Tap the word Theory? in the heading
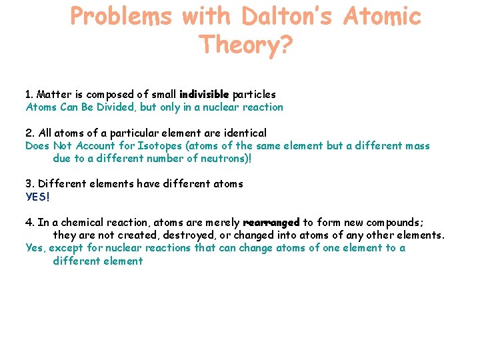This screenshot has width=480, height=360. (x=245, y=45)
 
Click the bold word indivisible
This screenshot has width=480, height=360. (x=203, y=95)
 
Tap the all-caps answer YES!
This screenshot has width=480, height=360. (x=38, y=196)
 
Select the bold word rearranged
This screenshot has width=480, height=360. (x=271, y=223)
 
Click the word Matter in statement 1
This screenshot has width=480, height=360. (x=55, y=95)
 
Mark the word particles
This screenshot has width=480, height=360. (x=254, y=95)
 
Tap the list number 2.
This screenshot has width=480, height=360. (x=29, y=133)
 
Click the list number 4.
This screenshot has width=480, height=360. (x=29, y=223)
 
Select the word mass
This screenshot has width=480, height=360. (x=417, y=145)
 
